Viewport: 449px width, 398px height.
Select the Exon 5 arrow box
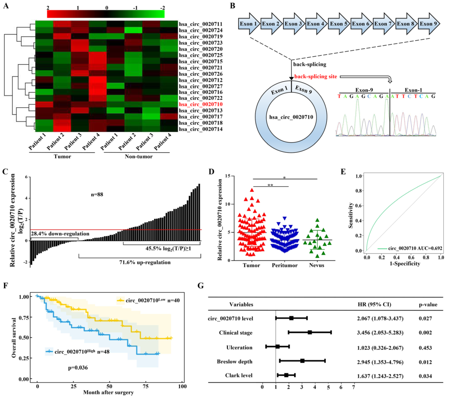(339, 23)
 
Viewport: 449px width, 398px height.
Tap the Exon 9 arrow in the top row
(429, 23)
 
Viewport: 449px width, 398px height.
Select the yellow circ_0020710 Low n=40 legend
(146, 300)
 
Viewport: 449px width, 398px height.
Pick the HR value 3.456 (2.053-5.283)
(383, 332)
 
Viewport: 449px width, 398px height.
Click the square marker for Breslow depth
(302, 361)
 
